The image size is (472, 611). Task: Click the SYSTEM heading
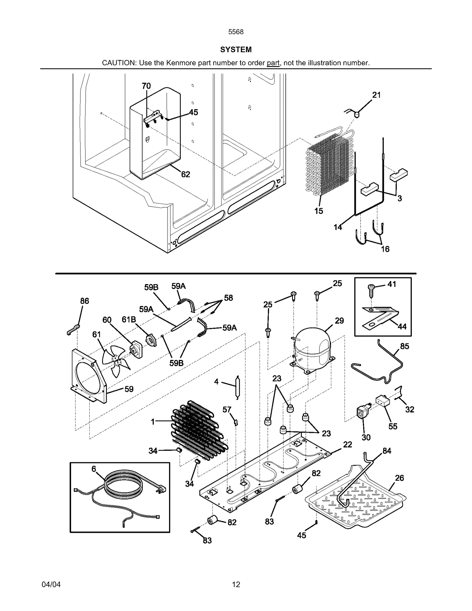click(236, 50)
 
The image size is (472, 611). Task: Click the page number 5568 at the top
click(236, 32)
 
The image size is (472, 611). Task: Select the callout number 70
click(146, 86)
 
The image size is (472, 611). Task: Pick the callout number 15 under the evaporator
click(319, 211)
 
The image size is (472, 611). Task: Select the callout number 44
click(402, 327)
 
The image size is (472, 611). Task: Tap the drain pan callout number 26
click(399, 478)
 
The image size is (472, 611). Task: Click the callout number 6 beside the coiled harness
click(94, 469)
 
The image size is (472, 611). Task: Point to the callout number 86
click(85, 301)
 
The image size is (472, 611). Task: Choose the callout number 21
click(376, 95)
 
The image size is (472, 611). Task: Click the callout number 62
click(185, 174)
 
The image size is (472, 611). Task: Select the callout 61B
click(129, 320)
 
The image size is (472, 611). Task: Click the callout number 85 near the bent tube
click(404, 346)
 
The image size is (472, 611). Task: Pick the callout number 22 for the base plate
click(348, 445)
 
